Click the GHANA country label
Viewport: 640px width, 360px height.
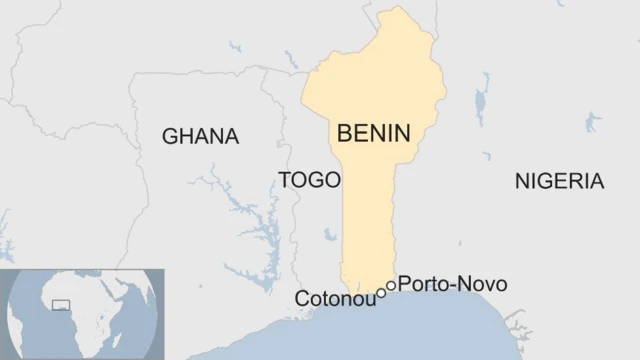click(x=201, y=137)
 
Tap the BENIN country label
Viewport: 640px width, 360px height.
click(x=374, y=133)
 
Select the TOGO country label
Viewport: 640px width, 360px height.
click(x=309, y=180)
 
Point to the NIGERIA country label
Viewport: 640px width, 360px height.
click(x=559, y=181)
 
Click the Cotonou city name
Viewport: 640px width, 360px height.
click(x=334, y=299)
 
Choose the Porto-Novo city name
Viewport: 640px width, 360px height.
click(x=452, y=285)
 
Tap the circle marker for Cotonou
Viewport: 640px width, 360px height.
click(x=381, y=294)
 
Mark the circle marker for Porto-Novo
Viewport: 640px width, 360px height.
click(x=391, y=285)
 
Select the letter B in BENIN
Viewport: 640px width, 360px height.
click(x=345, y=133)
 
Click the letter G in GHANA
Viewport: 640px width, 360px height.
click(x=169, y=137)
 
